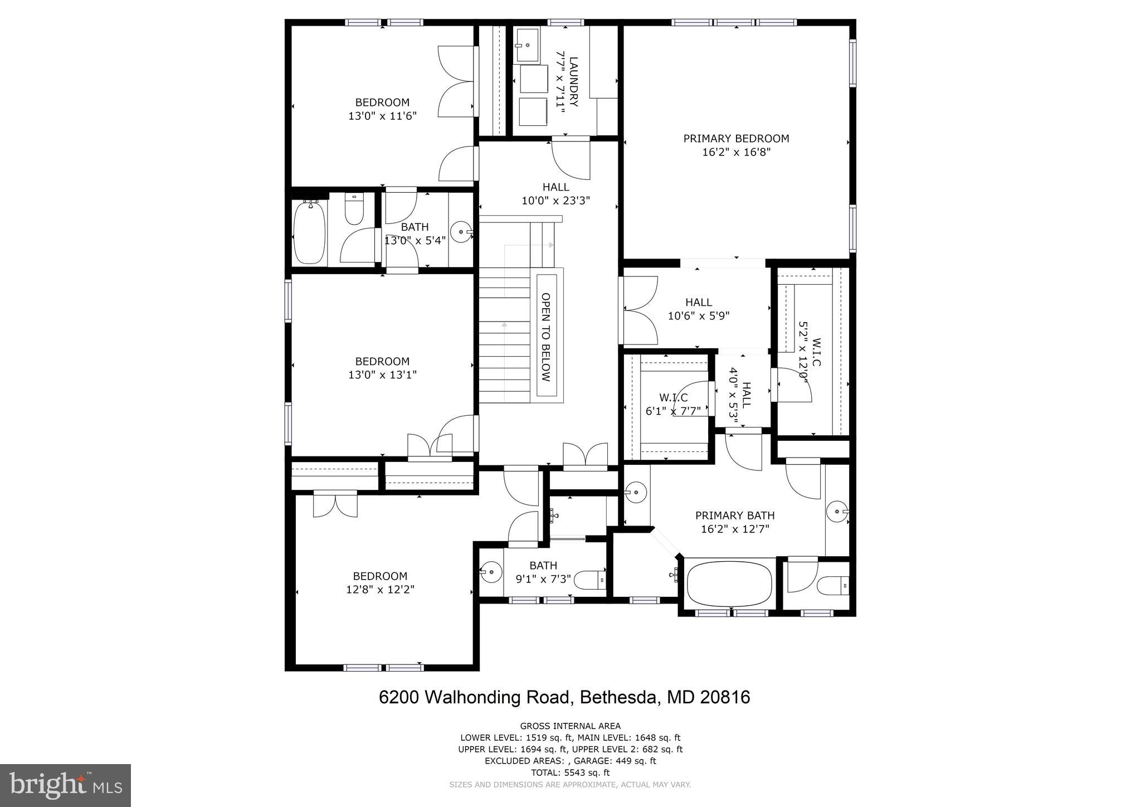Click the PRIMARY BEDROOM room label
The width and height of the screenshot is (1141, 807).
click(x=736, y=139)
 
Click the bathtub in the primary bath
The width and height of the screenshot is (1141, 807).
click(x=729, y=586)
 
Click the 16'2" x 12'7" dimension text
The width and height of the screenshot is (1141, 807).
click(x=735, y=529)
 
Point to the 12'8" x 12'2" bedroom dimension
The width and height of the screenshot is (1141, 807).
click(x=380, y=590)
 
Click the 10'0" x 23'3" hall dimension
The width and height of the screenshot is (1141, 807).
click(x=555, y=201)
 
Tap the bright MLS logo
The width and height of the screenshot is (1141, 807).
click(x=65, y=785)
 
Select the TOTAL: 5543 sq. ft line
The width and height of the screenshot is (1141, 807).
click(x=570, y=772)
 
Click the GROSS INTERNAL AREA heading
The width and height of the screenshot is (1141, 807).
click(x=570, y=726)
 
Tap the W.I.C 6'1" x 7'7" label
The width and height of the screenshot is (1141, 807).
click(x=673, y=405)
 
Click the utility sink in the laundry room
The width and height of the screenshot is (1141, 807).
click(x=526, y=45)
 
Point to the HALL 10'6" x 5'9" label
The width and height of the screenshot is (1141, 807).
click(x=699, y=309)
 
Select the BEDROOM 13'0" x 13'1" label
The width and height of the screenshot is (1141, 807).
click(x=382, y=368)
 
